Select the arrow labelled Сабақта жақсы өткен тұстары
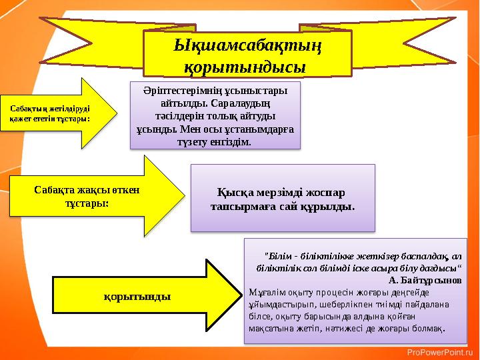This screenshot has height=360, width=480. click(x=93, y=196)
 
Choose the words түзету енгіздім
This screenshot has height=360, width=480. click(x=215, y=142)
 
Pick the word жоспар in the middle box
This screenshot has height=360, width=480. click(x=323, y=192)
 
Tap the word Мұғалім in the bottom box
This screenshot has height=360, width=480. click(x=265, y=292)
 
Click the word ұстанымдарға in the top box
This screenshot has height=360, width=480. click(x=263, y=129)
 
